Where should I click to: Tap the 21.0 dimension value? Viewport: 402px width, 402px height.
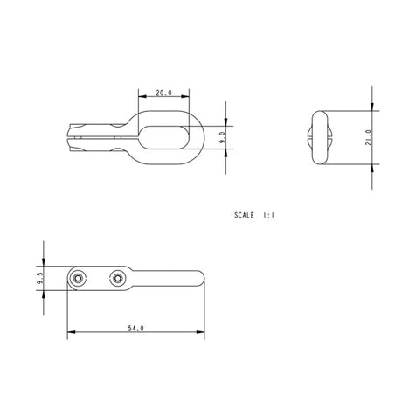(x=370, y=137)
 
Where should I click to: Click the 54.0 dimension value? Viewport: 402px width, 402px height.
(x=135, y=329)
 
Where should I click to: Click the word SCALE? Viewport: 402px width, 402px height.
(x=245, y=213)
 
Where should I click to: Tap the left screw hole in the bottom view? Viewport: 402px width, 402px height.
(x=79, y=278)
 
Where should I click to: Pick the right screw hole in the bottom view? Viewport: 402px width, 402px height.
(x=116, y=278)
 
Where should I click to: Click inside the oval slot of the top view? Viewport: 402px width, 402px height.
(x=165, y=136)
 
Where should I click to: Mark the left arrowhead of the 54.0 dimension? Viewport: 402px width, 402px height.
(x=71, y=333)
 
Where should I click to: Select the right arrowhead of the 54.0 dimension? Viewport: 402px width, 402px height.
(x=201, y=333)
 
